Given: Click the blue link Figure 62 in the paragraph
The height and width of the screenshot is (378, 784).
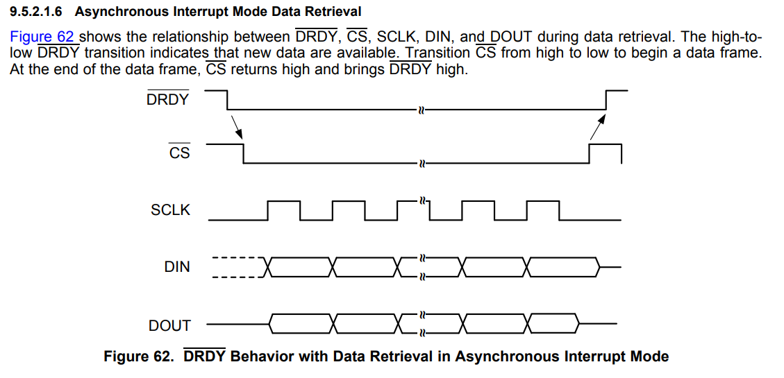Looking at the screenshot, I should pos(42,37).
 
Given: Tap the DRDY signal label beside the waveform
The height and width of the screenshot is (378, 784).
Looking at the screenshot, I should pos(167,100).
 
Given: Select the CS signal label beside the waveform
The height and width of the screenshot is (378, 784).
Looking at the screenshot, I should pos(179,153).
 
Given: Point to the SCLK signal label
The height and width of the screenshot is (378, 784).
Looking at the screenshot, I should pos(170,210).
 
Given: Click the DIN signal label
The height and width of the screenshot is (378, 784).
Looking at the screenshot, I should pos(177,267).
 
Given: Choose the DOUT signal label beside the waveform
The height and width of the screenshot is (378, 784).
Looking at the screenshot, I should pos(169,326).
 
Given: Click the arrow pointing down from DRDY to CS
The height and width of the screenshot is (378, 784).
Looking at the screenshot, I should pos(237,128).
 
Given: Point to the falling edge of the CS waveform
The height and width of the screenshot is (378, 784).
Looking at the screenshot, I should pos(244,153).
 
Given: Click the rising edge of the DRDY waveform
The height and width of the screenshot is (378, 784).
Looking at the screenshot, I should pos(606,100).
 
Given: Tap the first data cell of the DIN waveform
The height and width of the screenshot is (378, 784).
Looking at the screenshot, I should pos(300,267).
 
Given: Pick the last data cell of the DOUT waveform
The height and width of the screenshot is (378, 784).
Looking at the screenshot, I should pos(554,324).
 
